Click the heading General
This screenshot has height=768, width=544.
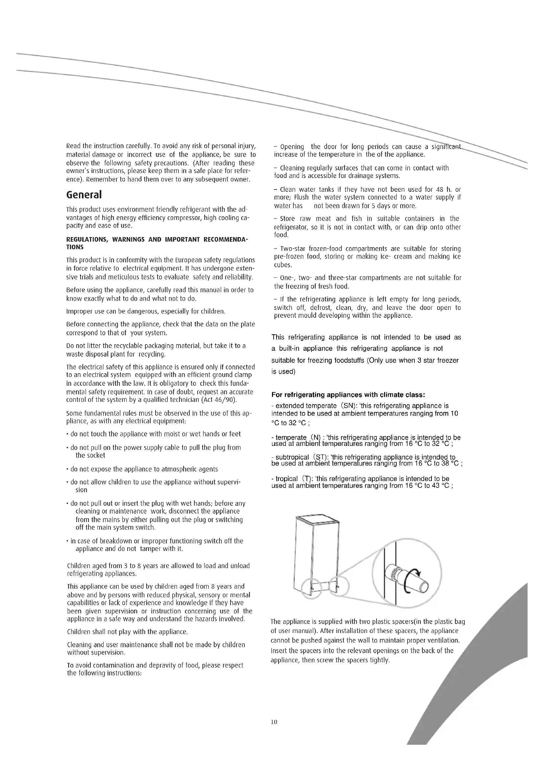[x=84, y=195]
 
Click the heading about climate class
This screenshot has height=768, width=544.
[x=348, y=395]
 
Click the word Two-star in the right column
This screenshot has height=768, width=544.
[x=292, y=249]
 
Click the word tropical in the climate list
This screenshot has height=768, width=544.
[x=286, y=479]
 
